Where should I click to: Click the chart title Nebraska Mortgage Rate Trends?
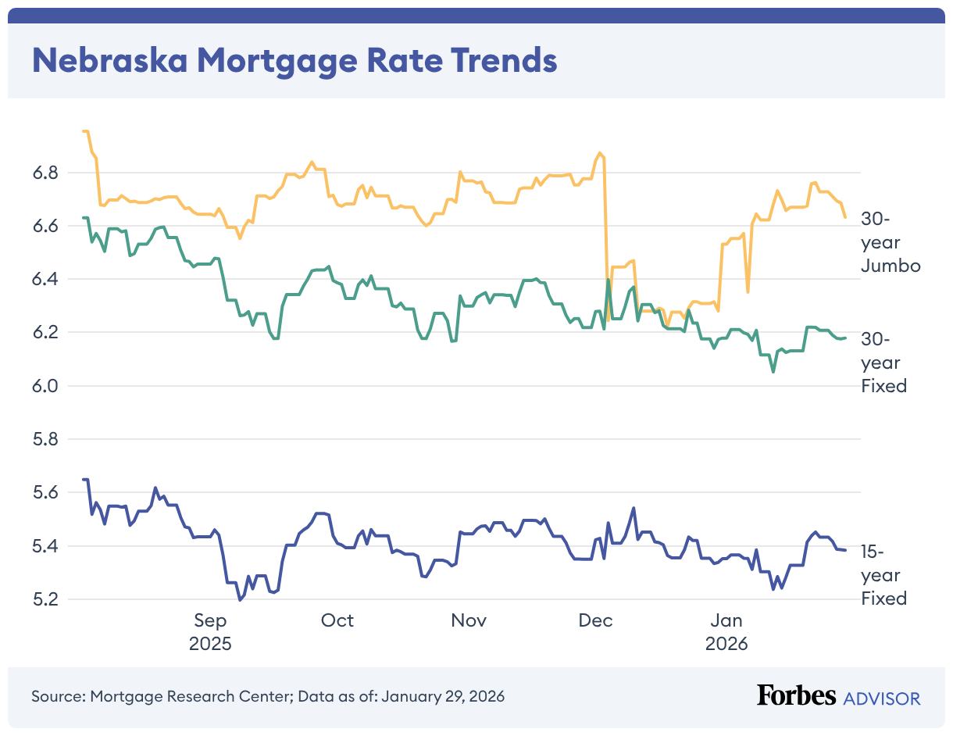[294, 60]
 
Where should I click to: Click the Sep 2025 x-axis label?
[210, 632]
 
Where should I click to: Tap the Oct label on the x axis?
[337, 620]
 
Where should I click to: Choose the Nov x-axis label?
[469, 620]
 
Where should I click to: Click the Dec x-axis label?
[596, 620]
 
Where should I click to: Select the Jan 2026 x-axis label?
[726, 632]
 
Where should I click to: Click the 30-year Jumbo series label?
[890, 242]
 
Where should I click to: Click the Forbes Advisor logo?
[838, 696]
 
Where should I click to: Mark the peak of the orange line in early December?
[599, 153]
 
